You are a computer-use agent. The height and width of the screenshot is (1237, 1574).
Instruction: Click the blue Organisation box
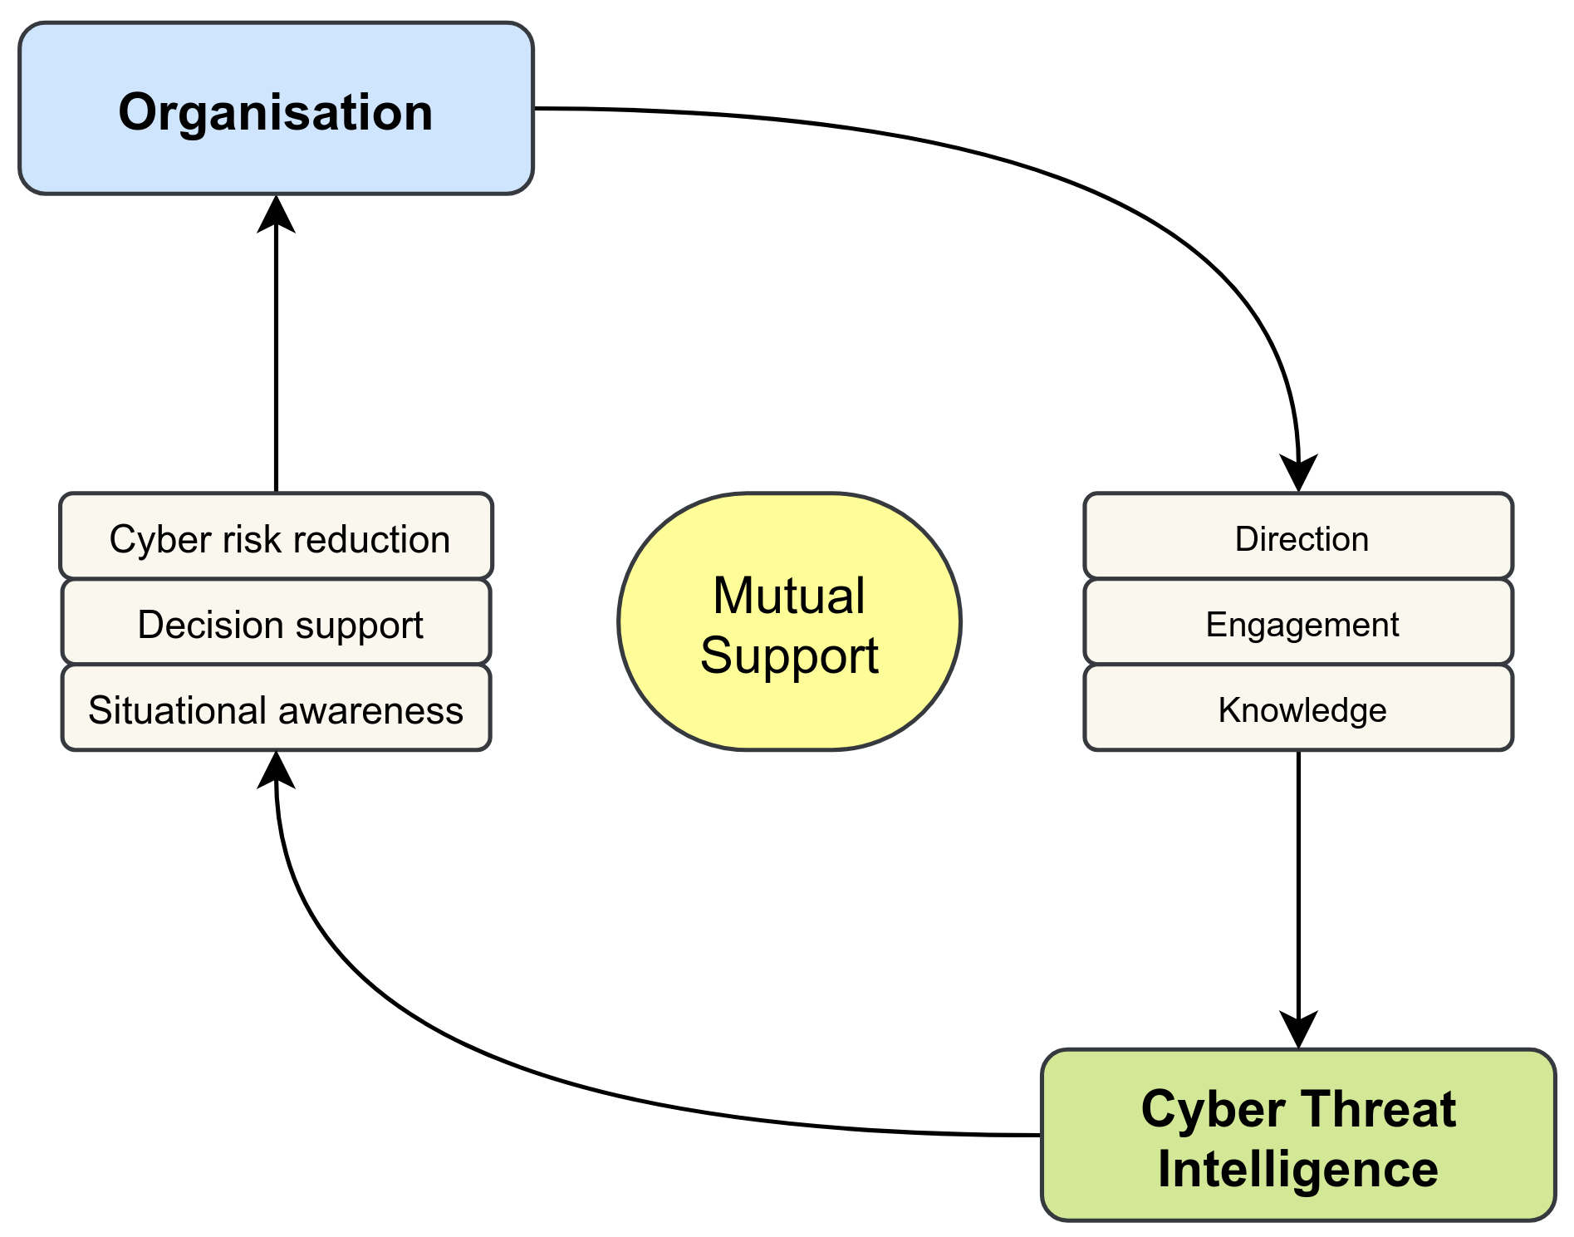(276, 110)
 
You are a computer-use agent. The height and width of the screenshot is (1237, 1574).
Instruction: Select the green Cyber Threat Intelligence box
(1297, 1136)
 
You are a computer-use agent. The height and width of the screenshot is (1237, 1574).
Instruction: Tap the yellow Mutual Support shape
(789, 622)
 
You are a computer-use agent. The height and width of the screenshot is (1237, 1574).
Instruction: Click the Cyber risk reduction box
(277, 538)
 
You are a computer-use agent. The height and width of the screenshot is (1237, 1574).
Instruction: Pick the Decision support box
(277, 623)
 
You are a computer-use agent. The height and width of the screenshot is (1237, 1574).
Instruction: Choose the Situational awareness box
(277, 709)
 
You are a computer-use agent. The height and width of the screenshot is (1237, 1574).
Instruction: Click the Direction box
(1298, 538)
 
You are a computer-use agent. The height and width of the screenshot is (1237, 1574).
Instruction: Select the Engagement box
(1298, 623)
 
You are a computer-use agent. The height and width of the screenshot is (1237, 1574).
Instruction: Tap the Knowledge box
(1298, 709)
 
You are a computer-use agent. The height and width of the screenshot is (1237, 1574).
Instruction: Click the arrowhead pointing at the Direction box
(1298, 474)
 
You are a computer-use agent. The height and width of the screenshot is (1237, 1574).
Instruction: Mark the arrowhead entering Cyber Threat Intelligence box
(1298, 1031)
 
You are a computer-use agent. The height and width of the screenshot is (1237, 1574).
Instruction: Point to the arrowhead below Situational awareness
(276, 768)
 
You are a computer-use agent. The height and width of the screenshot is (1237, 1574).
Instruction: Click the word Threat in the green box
(1380, 1109)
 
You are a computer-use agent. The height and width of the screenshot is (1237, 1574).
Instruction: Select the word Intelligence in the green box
(1297, 1169)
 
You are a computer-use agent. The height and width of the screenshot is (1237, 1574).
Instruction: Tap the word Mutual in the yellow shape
(789, 596)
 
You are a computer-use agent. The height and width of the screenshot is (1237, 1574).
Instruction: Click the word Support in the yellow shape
(789, 655)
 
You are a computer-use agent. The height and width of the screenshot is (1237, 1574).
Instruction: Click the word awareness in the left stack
(370, 710)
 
